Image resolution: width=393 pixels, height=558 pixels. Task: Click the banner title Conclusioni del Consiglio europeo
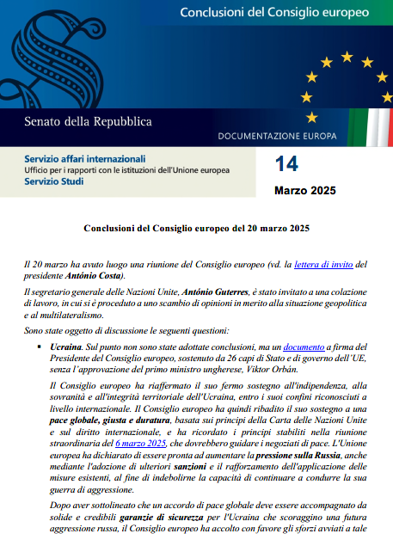click(x=274, y=13)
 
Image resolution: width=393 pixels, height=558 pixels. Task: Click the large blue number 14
click(x=286, y=164)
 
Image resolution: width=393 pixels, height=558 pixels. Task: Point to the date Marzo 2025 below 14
click(x=305, y=189)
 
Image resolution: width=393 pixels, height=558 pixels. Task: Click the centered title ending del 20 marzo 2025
click(x=195, y=230)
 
